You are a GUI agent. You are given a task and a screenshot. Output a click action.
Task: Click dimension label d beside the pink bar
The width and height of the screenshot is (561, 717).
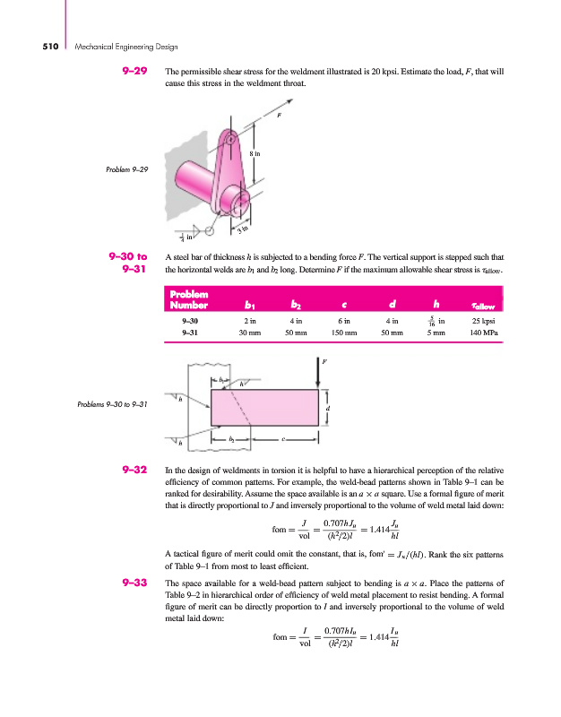point(328,407)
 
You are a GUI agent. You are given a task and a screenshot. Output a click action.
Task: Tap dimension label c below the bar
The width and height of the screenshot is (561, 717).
point(284,440)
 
